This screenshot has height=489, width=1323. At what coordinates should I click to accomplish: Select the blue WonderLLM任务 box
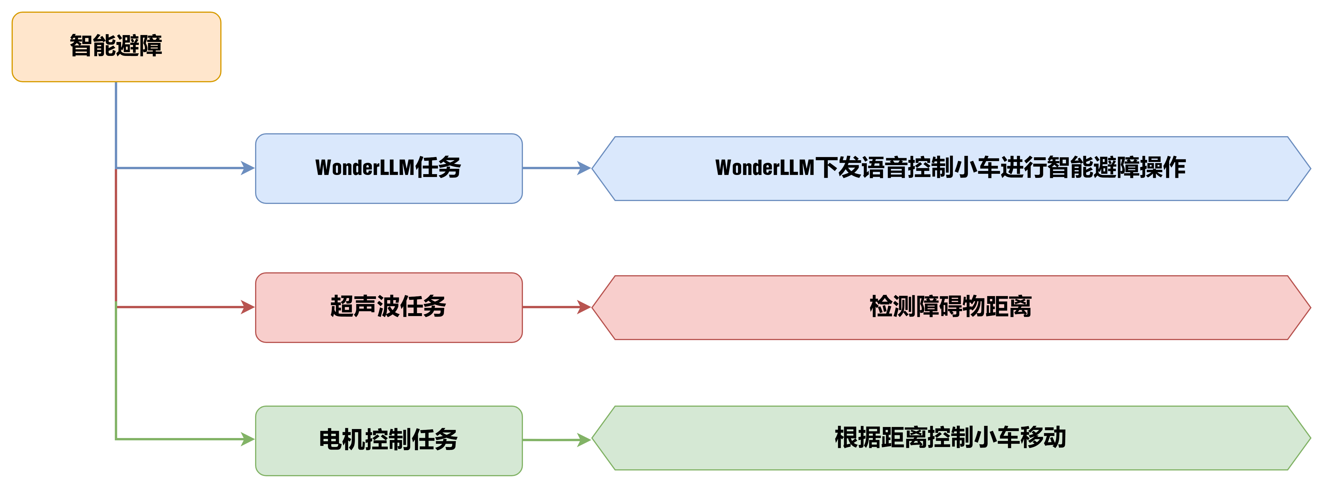coord(389,168)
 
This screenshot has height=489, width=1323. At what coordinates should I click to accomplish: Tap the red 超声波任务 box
coord(389,307)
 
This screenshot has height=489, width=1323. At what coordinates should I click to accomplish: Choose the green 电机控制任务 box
coord(389,440)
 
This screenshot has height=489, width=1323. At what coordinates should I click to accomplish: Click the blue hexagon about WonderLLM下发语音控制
coord(950,168)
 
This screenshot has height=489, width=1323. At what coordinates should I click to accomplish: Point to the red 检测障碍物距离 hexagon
coord(950,307)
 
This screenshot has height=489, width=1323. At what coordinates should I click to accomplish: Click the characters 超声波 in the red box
coord(365,307)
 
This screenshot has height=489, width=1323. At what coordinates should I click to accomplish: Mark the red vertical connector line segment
coord(117,236)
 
